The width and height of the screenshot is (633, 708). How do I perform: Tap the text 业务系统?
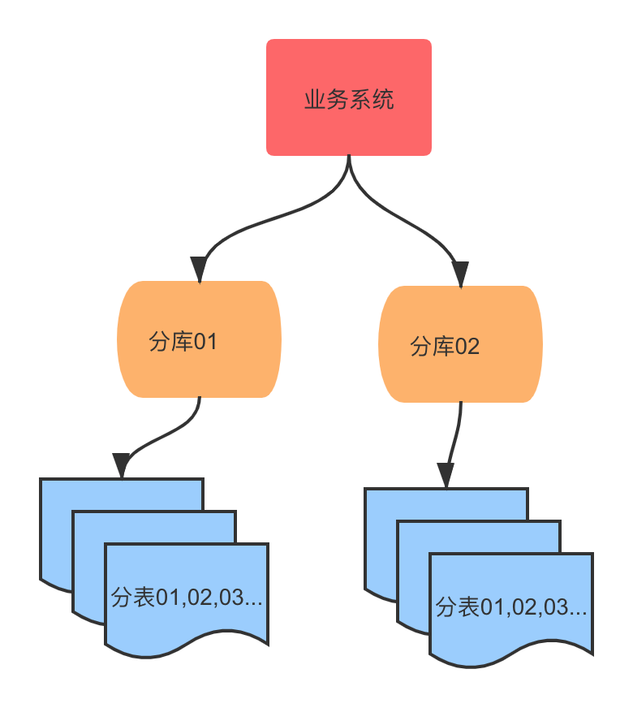click(x=349, y=100)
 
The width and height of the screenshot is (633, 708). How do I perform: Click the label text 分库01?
click(x=183, y=341)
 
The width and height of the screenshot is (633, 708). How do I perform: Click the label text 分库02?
click(x=445, y=347)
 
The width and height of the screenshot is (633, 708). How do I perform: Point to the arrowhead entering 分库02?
click(x=460, y=274)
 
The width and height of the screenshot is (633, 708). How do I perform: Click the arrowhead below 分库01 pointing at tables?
click(x=122, y=465)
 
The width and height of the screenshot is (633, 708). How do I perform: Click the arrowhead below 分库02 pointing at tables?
click(x=446, y=474)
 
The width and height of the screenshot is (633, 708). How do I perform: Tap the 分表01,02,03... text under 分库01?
click(x=187, y=598)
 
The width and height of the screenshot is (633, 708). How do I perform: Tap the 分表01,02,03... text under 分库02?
click(x=511, y=607)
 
